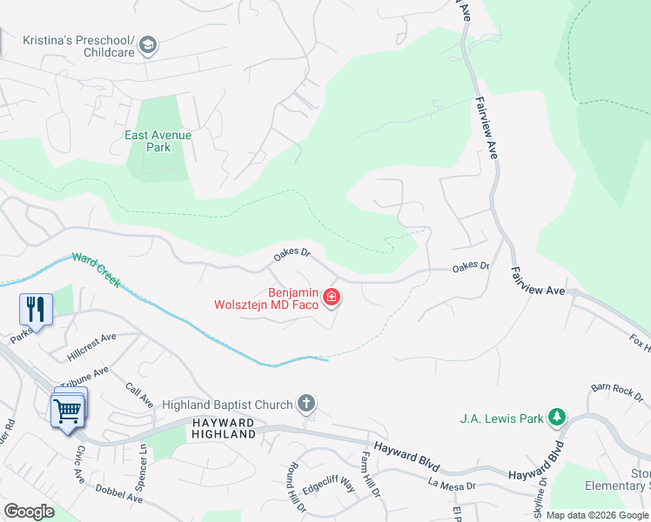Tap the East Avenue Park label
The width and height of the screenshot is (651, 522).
pos(158,141)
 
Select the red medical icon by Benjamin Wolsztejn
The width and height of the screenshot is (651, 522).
pos(331,298)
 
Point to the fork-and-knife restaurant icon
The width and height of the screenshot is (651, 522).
pos(37,308)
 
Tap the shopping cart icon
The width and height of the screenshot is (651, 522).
pos(68,411)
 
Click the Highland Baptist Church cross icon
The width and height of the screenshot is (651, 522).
pos(305,404)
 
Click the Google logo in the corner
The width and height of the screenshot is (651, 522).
pos(29,511)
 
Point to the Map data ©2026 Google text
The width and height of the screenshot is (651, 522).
pos(597,515)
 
